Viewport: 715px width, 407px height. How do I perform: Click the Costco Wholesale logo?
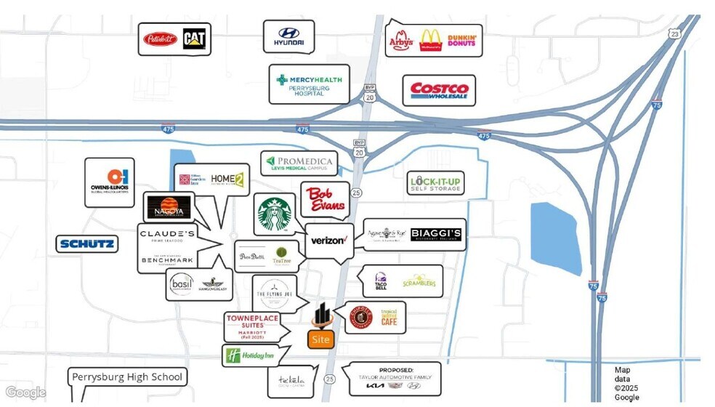point(439,91)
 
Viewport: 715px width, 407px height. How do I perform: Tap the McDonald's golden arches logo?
point(431,40)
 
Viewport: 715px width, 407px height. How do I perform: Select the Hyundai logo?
point(288,36)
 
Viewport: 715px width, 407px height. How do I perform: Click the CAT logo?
point(195,39)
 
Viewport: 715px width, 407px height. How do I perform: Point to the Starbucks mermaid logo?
point(274,214)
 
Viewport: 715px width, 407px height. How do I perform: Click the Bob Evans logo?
point(325,198)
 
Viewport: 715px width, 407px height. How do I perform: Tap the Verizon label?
point(328,241)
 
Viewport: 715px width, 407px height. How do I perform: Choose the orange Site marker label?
point(320,339)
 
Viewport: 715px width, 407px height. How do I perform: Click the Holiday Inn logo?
point(249,356)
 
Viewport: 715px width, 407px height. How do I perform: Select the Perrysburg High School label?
point(127,377)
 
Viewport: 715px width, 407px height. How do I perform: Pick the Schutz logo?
point(86,243)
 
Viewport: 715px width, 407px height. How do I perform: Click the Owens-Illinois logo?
point(109,182)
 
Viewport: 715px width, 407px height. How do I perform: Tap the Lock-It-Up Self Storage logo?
point(435,183)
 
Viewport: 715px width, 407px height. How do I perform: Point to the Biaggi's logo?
point(435,235)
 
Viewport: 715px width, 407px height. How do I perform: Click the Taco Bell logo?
point(380,281)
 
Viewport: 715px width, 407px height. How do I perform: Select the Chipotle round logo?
point(360,318)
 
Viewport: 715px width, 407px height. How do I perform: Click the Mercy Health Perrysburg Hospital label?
point(308,84)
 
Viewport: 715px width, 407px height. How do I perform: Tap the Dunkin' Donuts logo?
point(462,41)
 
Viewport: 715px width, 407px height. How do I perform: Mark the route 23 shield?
point(675,34)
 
